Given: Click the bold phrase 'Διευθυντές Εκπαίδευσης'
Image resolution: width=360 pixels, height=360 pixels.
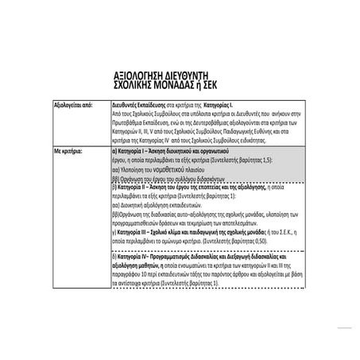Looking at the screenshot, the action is (x=137, y=104).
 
